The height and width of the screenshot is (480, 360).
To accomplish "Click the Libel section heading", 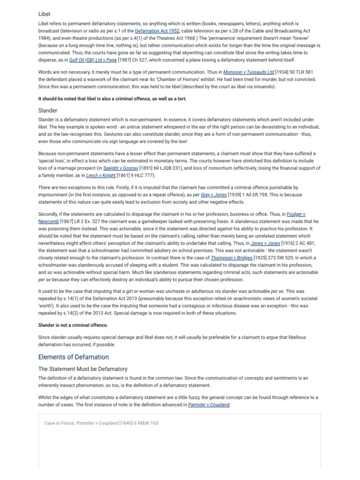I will tap(44, 14).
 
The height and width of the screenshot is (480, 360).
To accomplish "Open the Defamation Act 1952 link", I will tap(157, 30).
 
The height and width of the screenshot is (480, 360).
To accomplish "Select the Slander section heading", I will tap(48, 111).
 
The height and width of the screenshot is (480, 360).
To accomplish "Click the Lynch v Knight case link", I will tap(102, 175).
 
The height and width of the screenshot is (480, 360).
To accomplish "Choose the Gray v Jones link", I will tap(214, 195).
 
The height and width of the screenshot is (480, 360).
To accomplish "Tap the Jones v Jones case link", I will tap(265, 243).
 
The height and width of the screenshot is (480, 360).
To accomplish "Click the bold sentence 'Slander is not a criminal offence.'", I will tap(73, 325).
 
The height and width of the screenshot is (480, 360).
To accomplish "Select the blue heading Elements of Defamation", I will tap(73, 357).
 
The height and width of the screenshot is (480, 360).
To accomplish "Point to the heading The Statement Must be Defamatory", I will tap(82, 369).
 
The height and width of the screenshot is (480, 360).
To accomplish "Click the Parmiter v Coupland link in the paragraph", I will tap(209, 405).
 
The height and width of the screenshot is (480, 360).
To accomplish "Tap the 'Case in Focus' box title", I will tap(101, 423).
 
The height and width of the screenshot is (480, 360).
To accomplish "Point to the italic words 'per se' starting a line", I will tap(44, 280).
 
